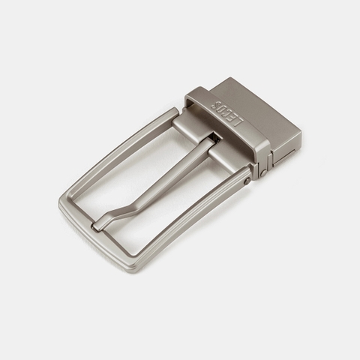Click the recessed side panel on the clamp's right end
289,154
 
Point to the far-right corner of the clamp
300,133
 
